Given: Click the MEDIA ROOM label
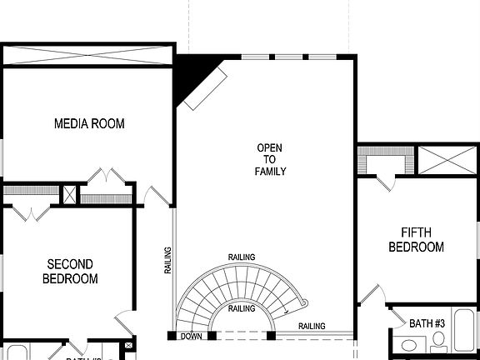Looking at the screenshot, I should [x=89, y=124].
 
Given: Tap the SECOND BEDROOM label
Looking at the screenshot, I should [x=69, y=272].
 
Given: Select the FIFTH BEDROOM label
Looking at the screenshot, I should [x=416, y=240].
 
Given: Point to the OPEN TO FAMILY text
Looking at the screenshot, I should [x=270, y=160].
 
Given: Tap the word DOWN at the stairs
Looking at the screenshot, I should [x=191, y=336].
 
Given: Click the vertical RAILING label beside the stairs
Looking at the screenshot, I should [x=167, y=260].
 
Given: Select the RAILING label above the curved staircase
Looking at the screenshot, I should [x=242, y=257].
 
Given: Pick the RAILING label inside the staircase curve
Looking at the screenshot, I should [x=242, y=309].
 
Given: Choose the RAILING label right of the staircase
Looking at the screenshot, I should [x=312, y=326].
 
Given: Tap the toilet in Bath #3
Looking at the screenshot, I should [x=439, y=341].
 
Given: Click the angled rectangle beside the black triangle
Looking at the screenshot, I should [x=205, y=88].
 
